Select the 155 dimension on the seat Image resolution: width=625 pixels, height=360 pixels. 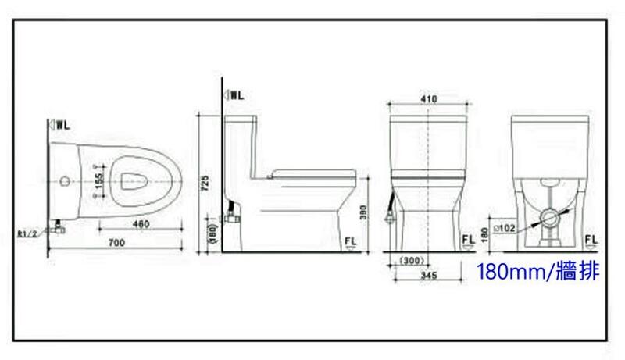pos(99,181)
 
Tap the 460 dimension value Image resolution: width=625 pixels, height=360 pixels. pos(141,224)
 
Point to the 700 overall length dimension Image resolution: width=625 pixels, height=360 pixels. pos(116,243)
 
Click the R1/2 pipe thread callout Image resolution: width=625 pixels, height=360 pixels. pos(27,233)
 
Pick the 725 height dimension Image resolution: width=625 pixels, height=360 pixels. pos(205,184)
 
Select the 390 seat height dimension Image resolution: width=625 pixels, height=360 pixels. pos(363,212)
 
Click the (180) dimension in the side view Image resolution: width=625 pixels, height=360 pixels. pos(213,233)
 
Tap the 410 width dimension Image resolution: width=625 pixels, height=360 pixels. pos(429,98)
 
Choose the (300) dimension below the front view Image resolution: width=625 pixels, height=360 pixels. pos(412,261)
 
